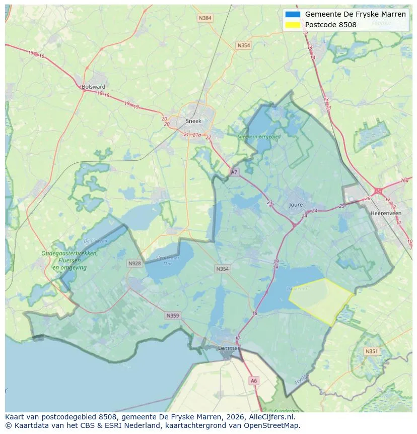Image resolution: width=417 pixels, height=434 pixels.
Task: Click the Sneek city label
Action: click(x=193, y=121)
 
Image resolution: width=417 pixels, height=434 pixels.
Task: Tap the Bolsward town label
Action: click(x=93, y=87)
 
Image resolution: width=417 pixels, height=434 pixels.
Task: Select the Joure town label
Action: click(x=296, y=205)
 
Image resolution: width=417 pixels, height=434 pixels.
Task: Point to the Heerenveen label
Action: click(x=386, y=213)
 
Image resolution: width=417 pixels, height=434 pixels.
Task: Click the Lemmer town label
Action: click(x=228, y=348)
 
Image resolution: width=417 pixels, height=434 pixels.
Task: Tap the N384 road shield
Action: click(x=205, y=18)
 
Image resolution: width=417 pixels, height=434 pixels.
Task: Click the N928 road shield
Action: click(x=134, y=263)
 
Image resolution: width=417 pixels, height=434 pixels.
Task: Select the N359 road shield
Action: click(x=172, y=316)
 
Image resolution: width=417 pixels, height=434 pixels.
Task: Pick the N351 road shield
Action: click(x=371, y=351)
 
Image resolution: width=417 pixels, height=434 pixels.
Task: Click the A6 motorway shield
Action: click(x=254, y=381)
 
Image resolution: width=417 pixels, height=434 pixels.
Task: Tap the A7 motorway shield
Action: click(x=234, y=172)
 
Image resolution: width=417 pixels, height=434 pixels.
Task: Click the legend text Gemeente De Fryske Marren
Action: click(x=355, y=14)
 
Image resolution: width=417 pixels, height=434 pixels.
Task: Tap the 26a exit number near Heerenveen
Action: click(x=404, y=180)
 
